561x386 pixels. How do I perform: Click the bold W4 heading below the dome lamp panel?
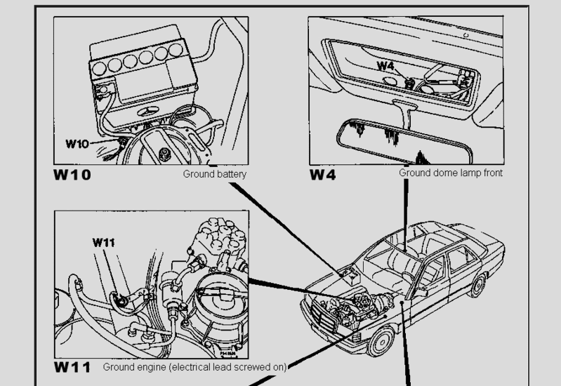323,174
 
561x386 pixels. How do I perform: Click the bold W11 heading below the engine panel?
72,367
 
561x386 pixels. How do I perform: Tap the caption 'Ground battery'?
215,173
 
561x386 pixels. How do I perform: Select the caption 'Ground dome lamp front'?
451,173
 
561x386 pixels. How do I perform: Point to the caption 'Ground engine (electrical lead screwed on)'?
194,366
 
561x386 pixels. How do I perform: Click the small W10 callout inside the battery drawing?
77,144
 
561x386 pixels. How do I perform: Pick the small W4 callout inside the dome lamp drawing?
386,66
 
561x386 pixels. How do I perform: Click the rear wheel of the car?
479,284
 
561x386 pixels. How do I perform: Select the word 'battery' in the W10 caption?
231,173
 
